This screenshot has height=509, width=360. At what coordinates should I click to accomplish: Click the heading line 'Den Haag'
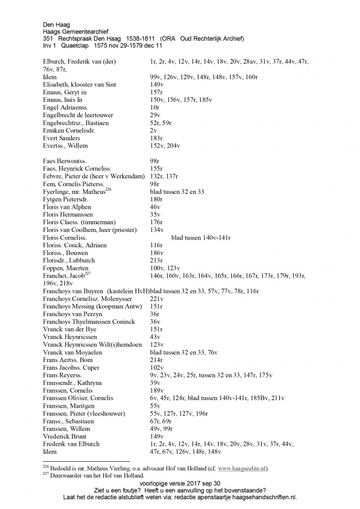point(56,24)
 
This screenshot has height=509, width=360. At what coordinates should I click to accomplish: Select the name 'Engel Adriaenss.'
point(65,107)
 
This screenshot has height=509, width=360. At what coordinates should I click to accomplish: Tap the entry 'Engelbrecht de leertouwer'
point(78,115)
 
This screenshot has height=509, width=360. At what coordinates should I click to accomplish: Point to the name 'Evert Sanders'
point(61,138)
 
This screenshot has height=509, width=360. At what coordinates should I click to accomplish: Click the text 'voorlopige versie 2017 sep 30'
point(179,483)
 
